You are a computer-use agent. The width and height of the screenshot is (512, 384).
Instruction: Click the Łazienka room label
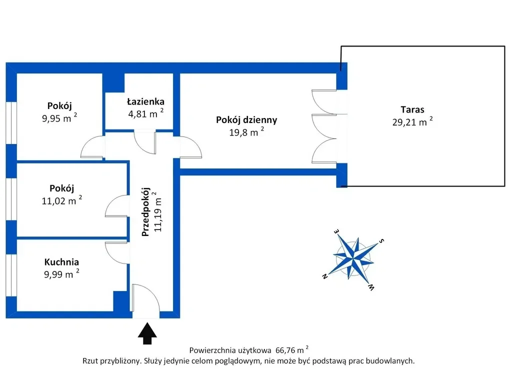(x=145, y=101)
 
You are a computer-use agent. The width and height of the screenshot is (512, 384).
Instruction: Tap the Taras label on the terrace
(x=412, y=109)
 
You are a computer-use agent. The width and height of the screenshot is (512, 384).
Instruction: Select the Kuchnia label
(x=61, y=262)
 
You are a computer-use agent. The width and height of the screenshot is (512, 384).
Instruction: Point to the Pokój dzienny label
(x=246, y=120)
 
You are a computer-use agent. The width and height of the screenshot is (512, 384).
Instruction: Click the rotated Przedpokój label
(x=145, y=212)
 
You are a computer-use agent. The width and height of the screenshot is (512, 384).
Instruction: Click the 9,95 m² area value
(x=59, y=117)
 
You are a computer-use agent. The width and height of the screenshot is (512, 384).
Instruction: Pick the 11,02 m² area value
(x=61, y=200)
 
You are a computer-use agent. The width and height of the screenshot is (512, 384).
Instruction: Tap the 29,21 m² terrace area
(x=412, y=121)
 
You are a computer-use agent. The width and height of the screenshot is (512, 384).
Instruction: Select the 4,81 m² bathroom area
(x=145, y=113)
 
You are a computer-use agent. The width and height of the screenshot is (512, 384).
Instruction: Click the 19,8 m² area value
(x=246, y=132)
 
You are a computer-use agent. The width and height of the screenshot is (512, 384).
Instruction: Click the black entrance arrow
(x=147, y=333)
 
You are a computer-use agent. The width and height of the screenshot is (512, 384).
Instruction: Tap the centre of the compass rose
(x=353, y=258)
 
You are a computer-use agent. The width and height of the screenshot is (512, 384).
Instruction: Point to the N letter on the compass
(x=324, y=276)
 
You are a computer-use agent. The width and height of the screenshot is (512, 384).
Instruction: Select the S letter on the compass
(x=381, y=241)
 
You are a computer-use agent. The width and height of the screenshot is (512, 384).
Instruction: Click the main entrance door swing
(x=145, y=298)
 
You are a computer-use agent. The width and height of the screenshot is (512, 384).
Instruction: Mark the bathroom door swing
(x=145, y=142)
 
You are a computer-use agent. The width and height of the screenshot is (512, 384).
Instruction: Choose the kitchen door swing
(x=116, y=252)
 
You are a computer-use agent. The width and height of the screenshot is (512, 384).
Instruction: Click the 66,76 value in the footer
(x=285, y=350)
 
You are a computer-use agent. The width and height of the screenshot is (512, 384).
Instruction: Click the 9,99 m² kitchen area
(x=61, y=273)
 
